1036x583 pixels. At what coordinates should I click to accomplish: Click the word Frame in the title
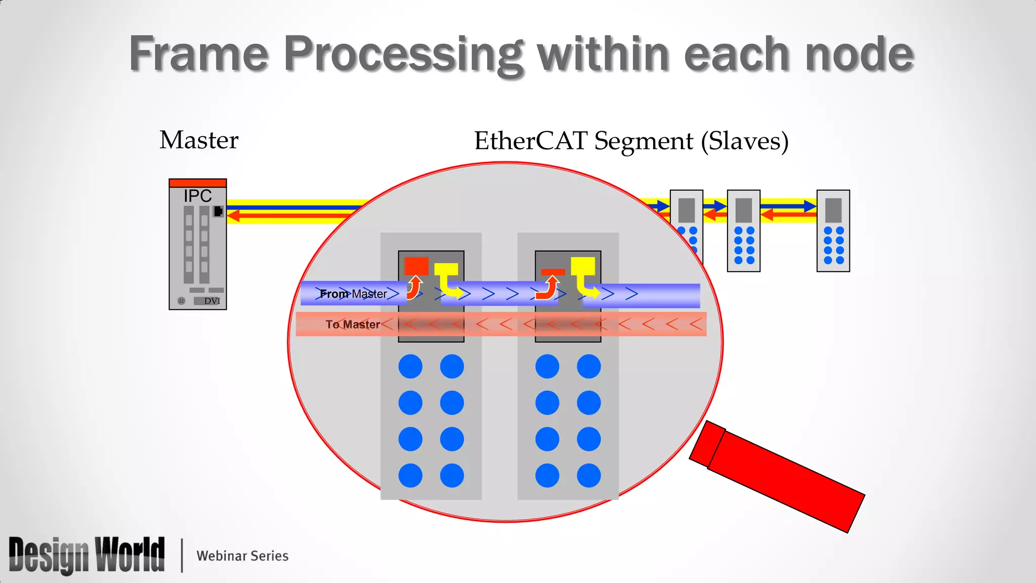pos(198,54)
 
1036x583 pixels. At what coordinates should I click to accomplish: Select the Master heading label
pos(199,140)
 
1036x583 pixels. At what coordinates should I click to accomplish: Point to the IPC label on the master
pos(197,196)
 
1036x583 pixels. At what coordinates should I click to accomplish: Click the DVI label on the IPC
pos(212,301)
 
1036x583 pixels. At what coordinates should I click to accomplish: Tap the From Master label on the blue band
pos(353,294)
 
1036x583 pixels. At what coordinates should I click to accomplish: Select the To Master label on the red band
pos(353,324)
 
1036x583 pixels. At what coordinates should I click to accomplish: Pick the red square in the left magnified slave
pos(416,266)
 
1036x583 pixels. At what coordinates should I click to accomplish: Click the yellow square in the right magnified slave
pos(583,266)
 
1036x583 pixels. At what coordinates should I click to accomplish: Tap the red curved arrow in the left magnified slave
pos(415,287)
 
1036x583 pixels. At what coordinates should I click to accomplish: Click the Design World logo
pos(87,555)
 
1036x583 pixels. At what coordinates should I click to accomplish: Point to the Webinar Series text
pos(242,556)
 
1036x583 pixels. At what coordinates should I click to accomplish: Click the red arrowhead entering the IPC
pos(233,216)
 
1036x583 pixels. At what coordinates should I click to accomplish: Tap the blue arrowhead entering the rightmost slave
pos(810,206)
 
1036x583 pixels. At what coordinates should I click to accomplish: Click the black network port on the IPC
pos(218,211)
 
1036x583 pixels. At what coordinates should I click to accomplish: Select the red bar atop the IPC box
pos(198,183)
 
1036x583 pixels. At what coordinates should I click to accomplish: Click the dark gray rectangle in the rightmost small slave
pos(833,210)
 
